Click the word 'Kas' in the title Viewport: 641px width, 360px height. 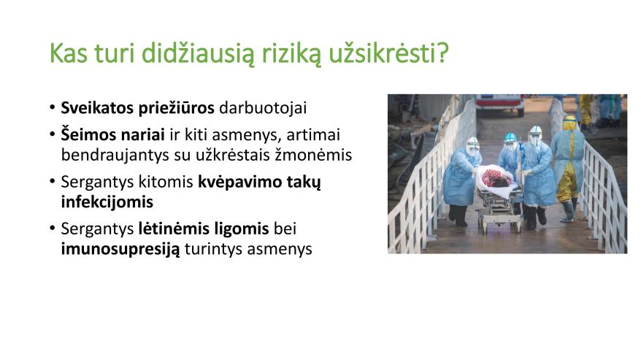tap(69, 53)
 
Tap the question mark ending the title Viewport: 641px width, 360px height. tap(442, 53)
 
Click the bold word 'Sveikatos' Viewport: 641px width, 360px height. tap(97, 108)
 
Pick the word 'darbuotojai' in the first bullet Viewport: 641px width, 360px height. tap(263, 108)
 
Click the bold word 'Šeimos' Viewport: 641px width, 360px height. tap(87, 134)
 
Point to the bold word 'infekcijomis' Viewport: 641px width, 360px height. tap(107, 202)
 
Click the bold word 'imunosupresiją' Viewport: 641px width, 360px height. tap(120, 249)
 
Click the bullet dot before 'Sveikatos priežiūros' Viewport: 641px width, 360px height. tap(53, 107)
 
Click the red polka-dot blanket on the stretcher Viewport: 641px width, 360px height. tap(495, 177)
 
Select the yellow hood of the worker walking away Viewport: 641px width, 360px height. tap(569, 123)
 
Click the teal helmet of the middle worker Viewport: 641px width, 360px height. tap(510, 137)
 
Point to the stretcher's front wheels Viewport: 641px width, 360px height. tap(502, 226)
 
